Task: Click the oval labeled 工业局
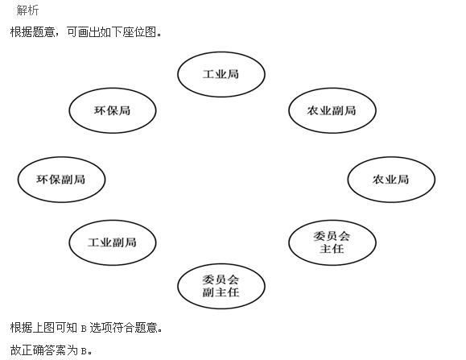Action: (221, 74)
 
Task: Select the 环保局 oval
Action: (113, 110)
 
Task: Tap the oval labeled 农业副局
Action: (332, 110)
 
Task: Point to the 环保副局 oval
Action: (61, 180)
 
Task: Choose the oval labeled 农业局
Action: (391, 180)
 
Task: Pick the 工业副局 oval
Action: (113, 242)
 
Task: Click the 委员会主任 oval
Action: (332, 242)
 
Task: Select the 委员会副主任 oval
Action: (221, 286)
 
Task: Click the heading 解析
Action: (27, 10)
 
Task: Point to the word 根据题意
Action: (32, 32)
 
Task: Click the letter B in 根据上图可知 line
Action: (83, 329)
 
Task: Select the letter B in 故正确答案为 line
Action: (83, 351)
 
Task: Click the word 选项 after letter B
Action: (101, 328)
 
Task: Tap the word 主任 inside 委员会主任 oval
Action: (332, 249)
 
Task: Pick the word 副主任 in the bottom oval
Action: (221, 292)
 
